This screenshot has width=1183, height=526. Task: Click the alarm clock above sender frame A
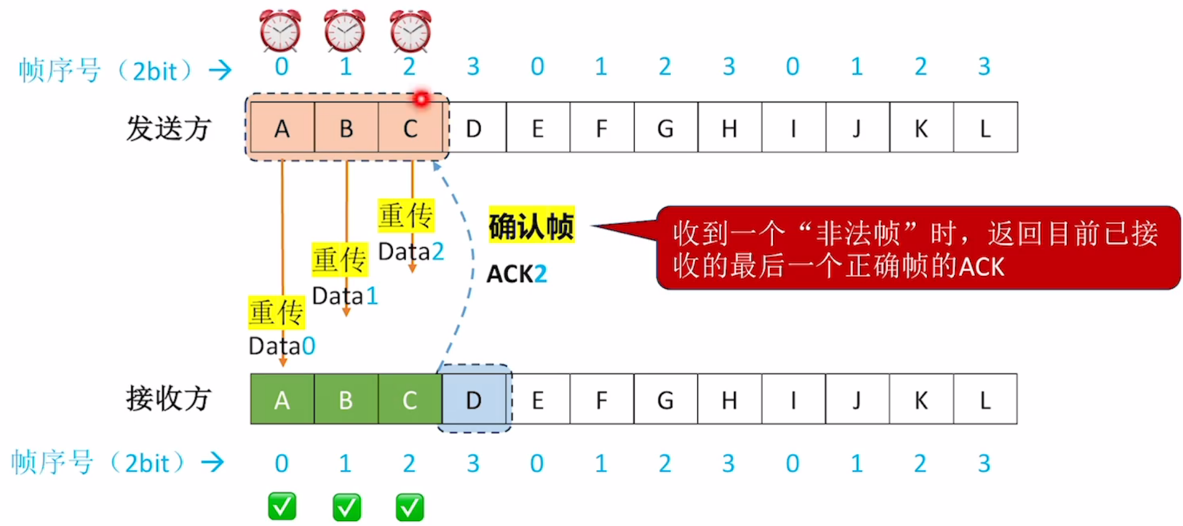[x=280, y=30]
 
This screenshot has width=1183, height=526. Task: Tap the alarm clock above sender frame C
[x=411, y=30]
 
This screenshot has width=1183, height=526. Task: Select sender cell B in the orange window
[x=346, y=128]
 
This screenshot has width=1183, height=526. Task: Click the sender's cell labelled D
[x=474, y=128]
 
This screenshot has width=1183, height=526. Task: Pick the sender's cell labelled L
[x=985, y=128]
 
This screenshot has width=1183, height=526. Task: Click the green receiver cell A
[x=282, y=400]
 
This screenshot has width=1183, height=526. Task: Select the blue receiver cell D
[x=474, y=400]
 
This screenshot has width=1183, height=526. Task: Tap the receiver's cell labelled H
[x=729, y=400]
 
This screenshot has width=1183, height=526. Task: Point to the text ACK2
[x=516, y=274]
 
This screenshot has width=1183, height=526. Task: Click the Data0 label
[x=282, y=346]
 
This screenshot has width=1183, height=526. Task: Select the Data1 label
[x=345, y=296]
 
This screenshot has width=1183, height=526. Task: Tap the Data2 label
[x=411, y=251]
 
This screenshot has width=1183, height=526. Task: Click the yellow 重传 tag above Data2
[x=406, y=216]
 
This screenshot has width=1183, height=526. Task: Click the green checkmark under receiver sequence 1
[x=347, y=507]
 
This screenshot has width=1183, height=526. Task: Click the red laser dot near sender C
[x=421, y=99]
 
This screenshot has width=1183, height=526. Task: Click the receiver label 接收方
[x=168, y=399]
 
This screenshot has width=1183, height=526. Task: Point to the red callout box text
[x=915, y=250]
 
